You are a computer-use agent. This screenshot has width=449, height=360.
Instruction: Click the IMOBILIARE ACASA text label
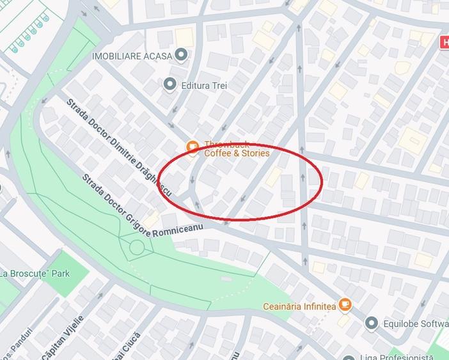pos(132,56)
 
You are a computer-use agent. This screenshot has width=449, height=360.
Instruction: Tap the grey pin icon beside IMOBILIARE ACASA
pos(182,56)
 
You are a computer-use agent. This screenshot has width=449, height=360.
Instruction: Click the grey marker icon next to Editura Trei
pos(169,83)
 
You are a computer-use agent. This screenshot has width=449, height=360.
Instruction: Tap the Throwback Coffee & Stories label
pos(236,149)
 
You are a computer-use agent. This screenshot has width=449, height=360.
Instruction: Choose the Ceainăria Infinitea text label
pos(299,306)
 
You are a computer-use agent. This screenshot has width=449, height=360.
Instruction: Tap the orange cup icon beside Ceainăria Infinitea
pos(345,304)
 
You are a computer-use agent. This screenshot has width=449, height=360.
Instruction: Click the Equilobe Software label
pos(416,323)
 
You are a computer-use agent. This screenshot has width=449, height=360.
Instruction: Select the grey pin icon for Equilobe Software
pos(372,323)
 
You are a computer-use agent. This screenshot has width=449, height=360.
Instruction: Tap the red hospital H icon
pos(443,42)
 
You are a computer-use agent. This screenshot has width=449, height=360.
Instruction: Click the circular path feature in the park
pos(137,247)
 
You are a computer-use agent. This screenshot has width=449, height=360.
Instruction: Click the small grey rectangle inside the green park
pos(225,279)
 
